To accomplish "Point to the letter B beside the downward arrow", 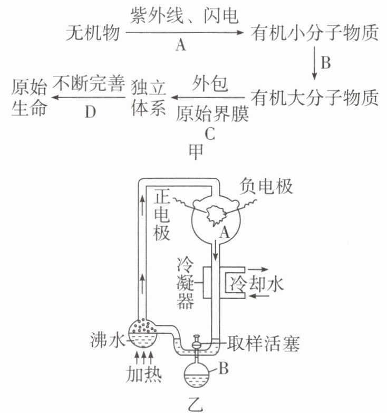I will tap(325, 64).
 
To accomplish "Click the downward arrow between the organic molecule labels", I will tap(315, 64).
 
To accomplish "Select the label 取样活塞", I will tap(263, 344).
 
